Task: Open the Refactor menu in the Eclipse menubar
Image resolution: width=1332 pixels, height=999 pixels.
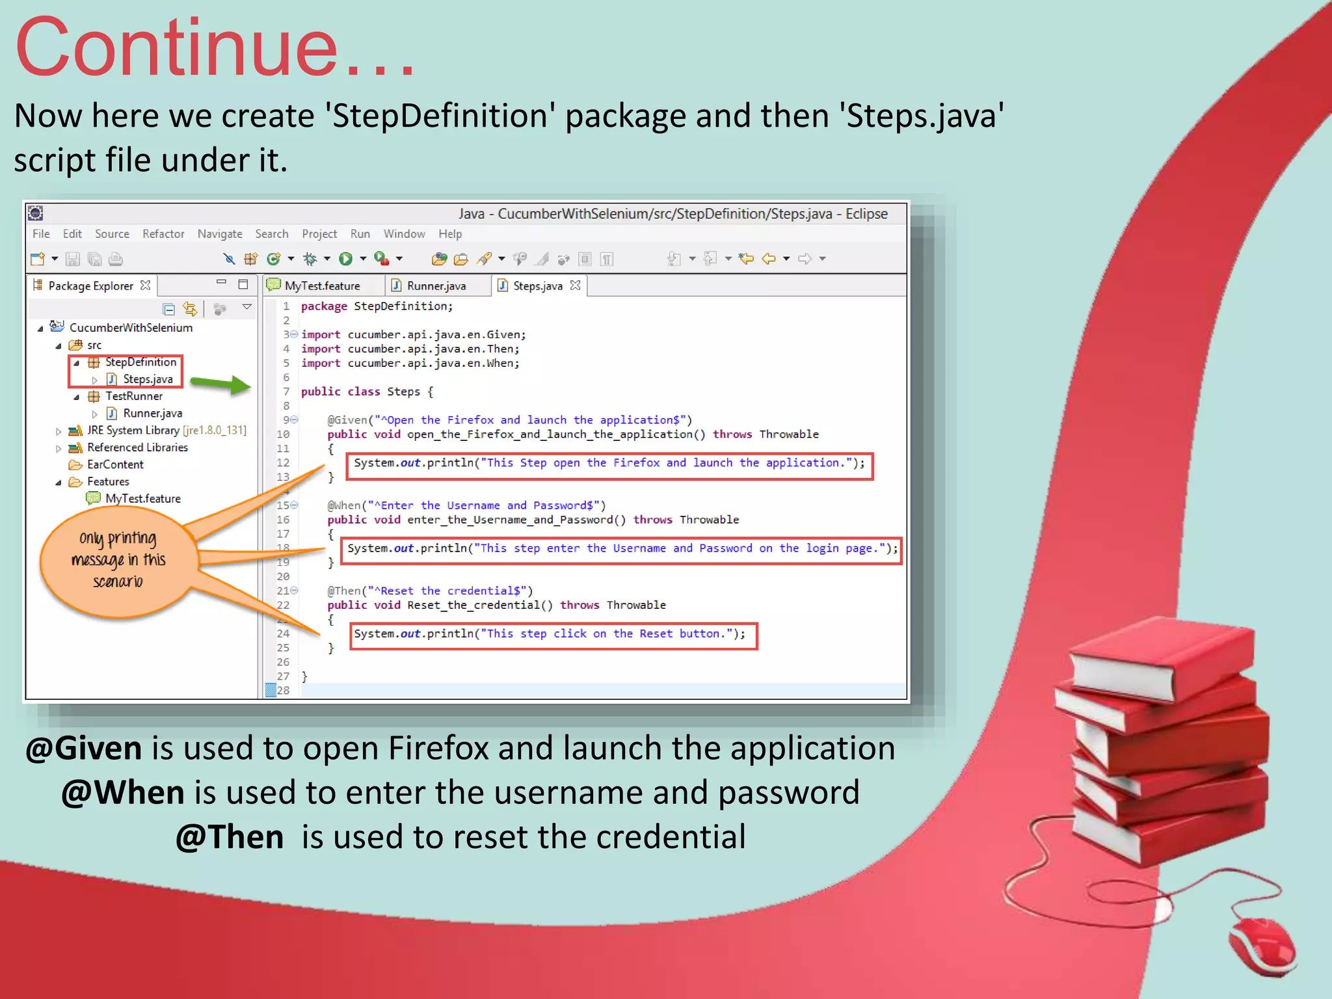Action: (163, 233)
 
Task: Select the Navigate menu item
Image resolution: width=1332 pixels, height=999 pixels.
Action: (220, 233)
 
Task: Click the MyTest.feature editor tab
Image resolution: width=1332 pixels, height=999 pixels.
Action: (321, 286)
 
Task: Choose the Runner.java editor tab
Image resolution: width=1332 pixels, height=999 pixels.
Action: (436, 286)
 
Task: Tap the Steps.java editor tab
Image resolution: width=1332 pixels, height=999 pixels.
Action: (537, 286)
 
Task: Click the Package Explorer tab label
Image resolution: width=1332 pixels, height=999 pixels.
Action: (90, 286)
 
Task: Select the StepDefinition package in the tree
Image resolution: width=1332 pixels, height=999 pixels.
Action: (140, 362)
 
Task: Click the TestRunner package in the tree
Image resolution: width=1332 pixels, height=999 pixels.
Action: (134, 396)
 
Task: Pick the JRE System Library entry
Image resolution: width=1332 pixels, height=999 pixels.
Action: (133, 430)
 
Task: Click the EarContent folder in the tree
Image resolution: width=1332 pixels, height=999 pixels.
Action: (115, 464)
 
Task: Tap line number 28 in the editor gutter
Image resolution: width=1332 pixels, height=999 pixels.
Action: (283, 690)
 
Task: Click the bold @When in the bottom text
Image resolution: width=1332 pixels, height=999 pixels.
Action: (123, 792)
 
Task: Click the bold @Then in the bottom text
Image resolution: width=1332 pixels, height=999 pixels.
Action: (230, 836)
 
